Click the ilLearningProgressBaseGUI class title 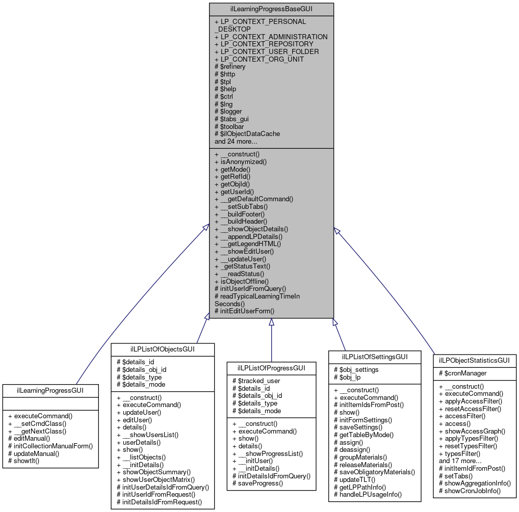pos(271,9)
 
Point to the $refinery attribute pos(232,66)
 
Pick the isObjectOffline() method pos(244,281)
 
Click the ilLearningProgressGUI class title pos(50,391)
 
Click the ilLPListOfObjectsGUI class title pos(163,349)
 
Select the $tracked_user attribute pos(258,381)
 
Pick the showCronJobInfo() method pos(473,491)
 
